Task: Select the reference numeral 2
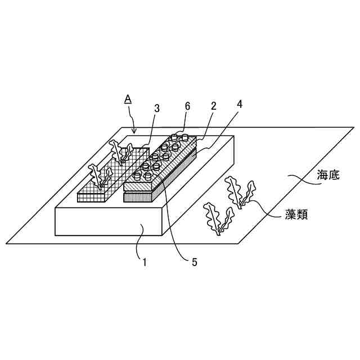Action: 214,106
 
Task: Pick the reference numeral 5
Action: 194,262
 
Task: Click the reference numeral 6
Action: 187,106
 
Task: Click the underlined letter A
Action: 128,99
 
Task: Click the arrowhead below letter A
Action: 134,132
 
